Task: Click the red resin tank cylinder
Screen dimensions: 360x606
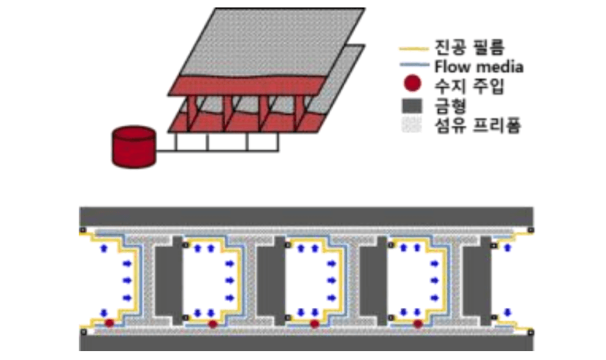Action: (x=134, y=147)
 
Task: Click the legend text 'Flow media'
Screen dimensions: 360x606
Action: (x=475, y=68)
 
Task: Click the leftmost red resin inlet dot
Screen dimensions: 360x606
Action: (x=109, y=324)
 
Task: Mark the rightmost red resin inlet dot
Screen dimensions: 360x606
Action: (x=418, y=324)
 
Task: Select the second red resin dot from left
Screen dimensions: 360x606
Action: (x=213, y=324)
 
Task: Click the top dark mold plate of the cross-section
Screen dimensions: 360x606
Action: (x=306, y=215)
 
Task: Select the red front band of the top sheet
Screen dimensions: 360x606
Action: (x=245, y=83)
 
